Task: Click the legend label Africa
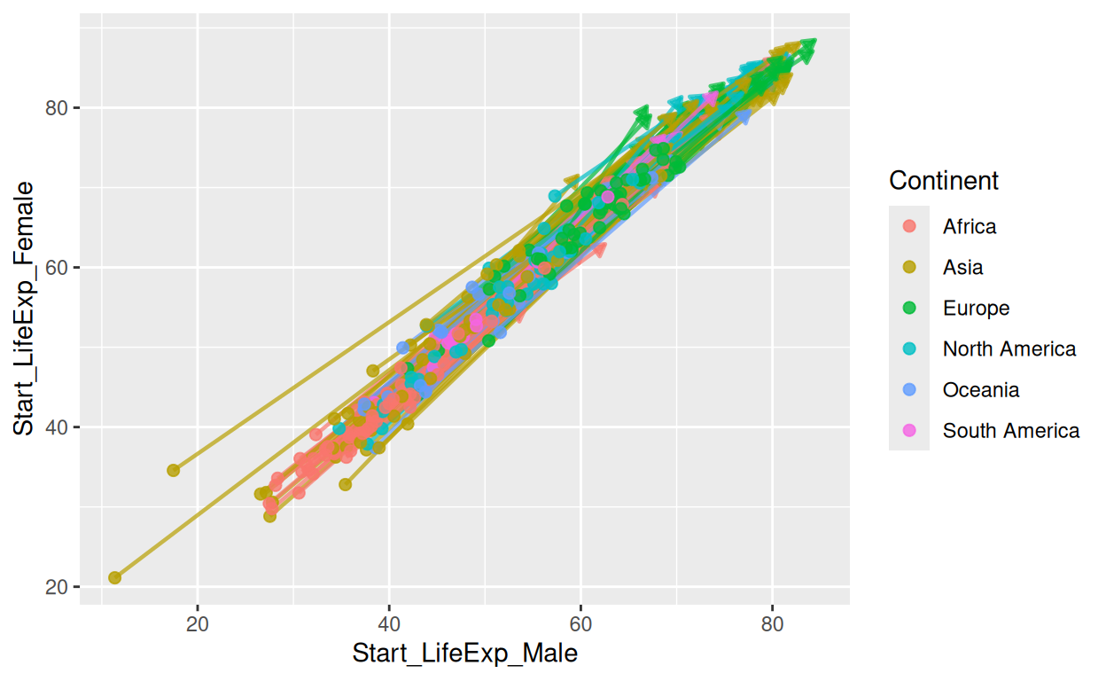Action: [x=969, y=226]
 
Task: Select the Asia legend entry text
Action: [x=962, y=267]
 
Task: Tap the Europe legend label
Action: [x=976, y=308]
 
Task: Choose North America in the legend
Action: [x=1009, y=348]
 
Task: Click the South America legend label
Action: [x=1010, y=430]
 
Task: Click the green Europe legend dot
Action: [x=909, y=308]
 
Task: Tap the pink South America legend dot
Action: [x=909, y=430]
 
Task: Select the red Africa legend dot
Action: [x=909, y=226]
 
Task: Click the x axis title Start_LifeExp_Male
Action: [x=464, y=654]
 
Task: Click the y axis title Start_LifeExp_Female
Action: [x=24, y=309]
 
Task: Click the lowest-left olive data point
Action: [x=114, y=577]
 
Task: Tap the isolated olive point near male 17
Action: [x=174, y=470]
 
